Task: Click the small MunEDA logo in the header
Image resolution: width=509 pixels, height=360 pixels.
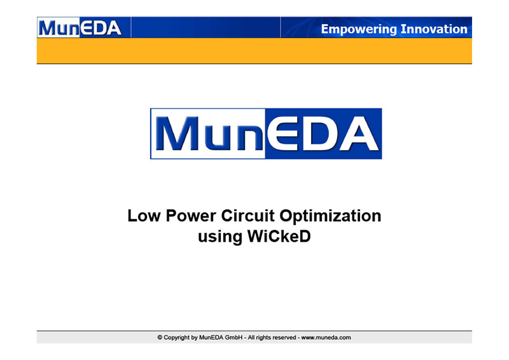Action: (80, 28)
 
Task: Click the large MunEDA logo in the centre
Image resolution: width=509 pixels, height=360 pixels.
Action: (266, 134)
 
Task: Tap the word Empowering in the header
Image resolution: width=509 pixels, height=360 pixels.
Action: (359, 29)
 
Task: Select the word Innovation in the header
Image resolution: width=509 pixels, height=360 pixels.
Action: (434, 29)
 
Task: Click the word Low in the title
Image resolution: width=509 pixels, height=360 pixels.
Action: (144, 216)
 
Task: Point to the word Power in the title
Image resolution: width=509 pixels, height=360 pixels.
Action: (191, 216)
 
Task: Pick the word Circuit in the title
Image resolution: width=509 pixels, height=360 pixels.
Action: (248, 216)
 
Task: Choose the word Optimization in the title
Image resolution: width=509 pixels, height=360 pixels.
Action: (330, 216)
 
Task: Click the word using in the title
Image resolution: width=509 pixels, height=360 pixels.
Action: (220, 237)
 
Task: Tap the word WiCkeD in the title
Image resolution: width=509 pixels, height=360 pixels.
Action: (279, 236)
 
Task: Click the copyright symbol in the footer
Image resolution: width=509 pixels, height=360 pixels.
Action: (160, 338)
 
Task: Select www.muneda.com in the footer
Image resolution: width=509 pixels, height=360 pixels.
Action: (326, 338)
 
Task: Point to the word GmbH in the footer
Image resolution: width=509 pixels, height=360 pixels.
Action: (234, 338)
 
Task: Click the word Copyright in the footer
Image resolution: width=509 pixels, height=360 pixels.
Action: (177, 338)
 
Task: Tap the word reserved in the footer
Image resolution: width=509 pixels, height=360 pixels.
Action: (284, 338)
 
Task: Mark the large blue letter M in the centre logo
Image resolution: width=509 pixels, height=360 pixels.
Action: (178, 134)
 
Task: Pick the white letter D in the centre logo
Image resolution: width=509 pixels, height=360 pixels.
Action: (321, 134)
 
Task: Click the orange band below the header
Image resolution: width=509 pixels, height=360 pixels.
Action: (254, 51)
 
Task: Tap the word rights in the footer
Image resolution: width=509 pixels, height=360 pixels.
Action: (263, 338)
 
